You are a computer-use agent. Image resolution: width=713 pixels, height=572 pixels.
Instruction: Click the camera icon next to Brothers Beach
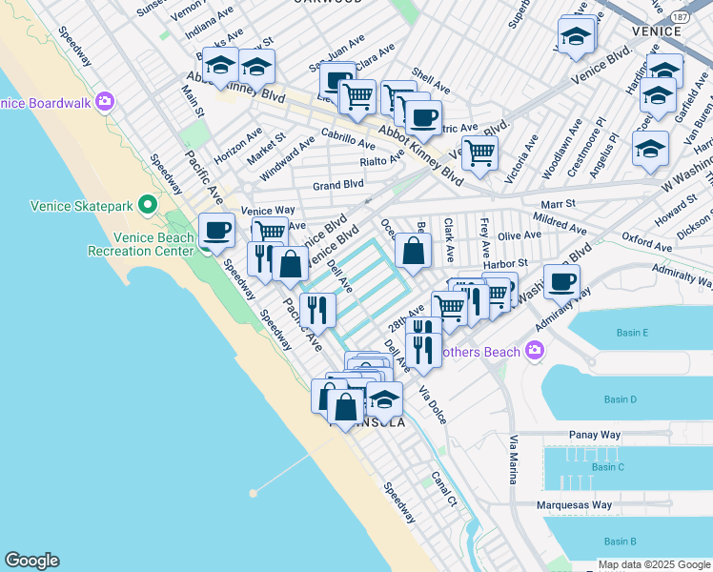tap(534, 352)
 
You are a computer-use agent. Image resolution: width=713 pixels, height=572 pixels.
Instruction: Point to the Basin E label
tap(632, 333)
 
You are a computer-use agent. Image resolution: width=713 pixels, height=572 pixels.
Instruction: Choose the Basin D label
tap(620, 398)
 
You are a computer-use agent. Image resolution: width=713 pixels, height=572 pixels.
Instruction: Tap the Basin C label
tap(607, 466)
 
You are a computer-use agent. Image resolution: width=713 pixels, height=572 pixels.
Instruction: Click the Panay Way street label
tap(594, 435)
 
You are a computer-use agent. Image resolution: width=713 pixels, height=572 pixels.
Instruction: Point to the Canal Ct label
tap(444, 487)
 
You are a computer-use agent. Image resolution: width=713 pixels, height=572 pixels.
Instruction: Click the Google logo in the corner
tap(31, 561)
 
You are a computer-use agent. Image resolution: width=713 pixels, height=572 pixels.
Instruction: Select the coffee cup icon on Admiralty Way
tap(561, 280)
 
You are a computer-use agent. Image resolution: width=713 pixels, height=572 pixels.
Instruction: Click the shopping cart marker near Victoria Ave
tap(481, 151)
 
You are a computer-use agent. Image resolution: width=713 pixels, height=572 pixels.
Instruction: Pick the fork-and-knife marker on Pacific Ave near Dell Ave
tap(317, 308)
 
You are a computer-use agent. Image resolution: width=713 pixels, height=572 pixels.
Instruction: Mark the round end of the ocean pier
tap(254, 493)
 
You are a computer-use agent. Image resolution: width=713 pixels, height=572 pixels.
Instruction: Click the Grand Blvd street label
tap(338, 184)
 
